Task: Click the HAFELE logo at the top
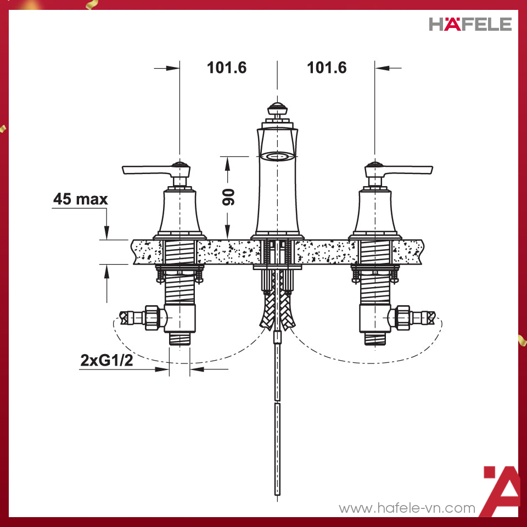click(470, 24)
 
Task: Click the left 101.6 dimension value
click(227, 68)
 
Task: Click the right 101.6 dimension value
click(327, 68)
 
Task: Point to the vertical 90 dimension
click(229, 196)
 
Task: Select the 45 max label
click(80, 199)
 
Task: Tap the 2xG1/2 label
click(106, 361)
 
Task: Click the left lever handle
click(148, 171)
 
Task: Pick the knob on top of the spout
click(278, 108)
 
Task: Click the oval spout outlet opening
click(278, 157)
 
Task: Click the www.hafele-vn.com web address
click(407, 508)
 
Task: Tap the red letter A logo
click(501, 491)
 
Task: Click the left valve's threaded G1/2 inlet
click(180, 338)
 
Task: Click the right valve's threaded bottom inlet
click(375, 338)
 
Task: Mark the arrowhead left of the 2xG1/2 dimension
click(163, 369)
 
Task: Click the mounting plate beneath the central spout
click(278, 268)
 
